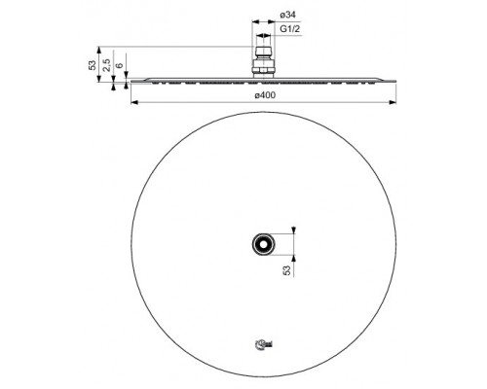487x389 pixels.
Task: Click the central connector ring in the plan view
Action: tap(262, 242)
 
